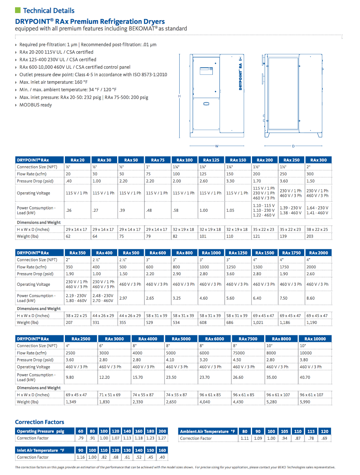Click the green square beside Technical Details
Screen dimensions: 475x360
17,10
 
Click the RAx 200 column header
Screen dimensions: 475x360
264,160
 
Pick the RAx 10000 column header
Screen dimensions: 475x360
315,339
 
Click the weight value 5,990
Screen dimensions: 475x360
305,402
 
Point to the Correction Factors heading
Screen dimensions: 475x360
40,422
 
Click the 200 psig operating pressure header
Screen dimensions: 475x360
162,431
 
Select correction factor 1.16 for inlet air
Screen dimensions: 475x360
81,457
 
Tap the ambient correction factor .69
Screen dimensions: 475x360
324,438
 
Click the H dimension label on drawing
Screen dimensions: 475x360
180,96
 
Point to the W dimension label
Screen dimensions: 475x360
217,146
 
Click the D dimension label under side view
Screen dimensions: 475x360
293,146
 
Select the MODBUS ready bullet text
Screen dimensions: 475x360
36,105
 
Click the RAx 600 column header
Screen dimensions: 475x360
157,253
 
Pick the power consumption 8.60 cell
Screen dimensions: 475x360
311,298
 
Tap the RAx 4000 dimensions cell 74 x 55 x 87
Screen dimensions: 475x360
143,395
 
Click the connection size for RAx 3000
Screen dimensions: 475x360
101,346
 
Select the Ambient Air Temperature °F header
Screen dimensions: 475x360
208,431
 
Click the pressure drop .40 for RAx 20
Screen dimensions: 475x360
69,181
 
